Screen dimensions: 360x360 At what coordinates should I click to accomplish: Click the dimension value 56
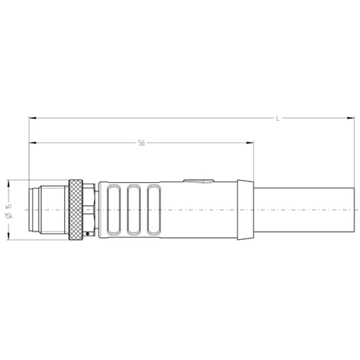click(x=141, y=143)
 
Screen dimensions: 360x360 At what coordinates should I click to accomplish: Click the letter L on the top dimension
click(x=278, y=118)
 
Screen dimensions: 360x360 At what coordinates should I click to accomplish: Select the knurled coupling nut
click(x=76, y=209)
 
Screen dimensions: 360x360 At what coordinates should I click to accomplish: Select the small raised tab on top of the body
click(x=199, y=181)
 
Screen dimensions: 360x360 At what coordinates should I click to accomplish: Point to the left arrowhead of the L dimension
click(x=32, y=118)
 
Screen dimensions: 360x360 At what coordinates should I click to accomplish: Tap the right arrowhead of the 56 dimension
click(x=251, y=143)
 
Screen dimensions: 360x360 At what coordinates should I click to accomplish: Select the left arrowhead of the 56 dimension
click(x=32, y=143)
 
